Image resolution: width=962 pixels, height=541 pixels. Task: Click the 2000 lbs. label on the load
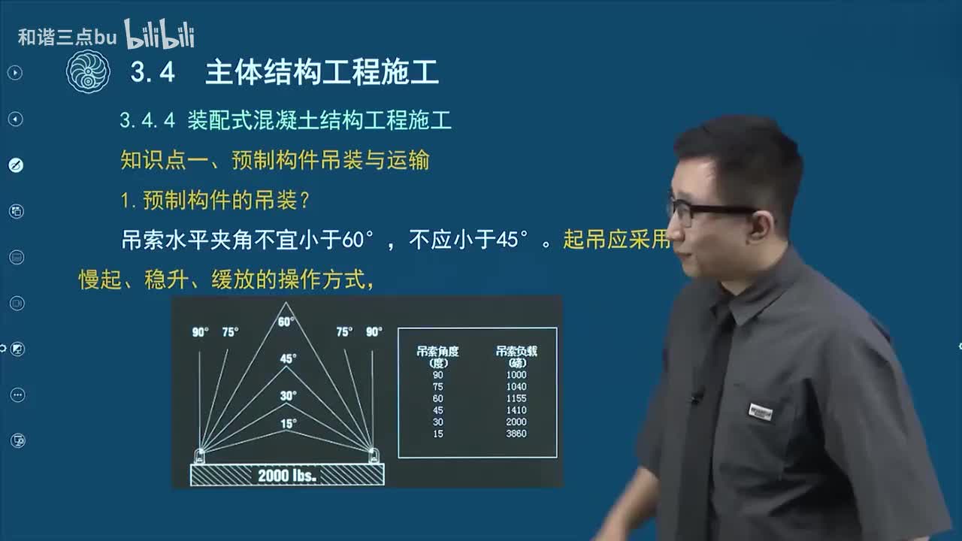click(287, 476)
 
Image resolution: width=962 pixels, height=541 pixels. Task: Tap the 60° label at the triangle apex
click(286, 322)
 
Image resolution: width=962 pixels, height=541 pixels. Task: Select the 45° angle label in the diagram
click(288, 359)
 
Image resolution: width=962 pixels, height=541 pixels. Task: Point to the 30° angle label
click(288, 395)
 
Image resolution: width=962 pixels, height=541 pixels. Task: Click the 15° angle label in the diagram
click(288, 424)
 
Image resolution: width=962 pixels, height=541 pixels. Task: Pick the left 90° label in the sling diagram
click(200, 332)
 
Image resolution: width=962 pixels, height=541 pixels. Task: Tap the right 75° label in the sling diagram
click(344, 332)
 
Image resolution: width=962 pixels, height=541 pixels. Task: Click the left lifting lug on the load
click(200, 455)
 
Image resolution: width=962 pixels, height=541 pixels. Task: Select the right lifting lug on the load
click(372, 455)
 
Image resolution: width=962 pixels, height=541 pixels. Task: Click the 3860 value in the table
click(517, 434)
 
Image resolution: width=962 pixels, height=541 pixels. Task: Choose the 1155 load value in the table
click(517, 399)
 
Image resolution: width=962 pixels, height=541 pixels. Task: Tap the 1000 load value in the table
click(517, 375)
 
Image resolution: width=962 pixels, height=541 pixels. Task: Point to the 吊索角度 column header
click(438, 351)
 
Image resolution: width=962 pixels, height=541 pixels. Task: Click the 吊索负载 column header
click(517, 351)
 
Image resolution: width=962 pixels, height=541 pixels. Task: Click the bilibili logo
click(159, 35)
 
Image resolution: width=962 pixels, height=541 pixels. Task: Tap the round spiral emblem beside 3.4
click(88, 72)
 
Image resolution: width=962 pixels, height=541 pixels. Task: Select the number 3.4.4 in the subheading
click(147, 120)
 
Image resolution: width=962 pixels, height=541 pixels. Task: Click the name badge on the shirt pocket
click(761, 412)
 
